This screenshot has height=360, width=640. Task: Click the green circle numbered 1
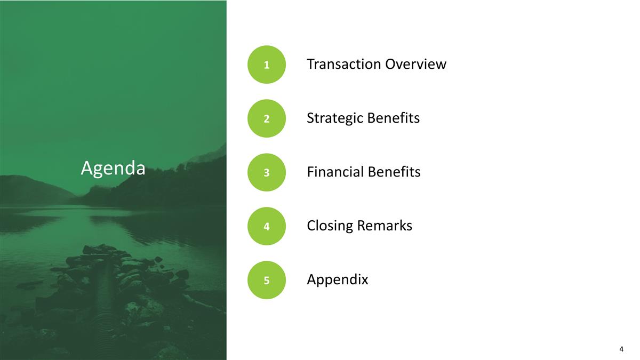[x=267, y=65]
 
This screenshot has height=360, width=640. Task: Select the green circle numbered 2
[x=267, y=118]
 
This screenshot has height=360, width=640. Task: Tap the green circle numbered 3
[x=267, y=172]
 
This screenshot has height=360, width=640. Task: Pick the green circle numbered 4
[x=267, y=226]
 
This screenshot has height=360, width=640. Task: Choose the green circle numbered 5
[x=267, y=280]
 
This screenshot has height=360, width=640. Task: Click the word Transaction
[x=343, y=65]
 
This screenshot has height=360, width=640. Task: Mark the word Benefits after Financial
[x=395, y=172]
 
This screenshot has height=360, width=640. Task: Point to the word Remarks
[x=385, y=226]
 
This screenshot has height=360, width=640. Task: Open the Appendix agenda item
[x=338, y=280]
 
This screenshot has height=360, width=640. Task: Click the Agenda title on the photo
[x=113, y=169]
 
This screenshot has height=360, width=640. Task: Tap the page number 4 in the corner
[x=621, y=349]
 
